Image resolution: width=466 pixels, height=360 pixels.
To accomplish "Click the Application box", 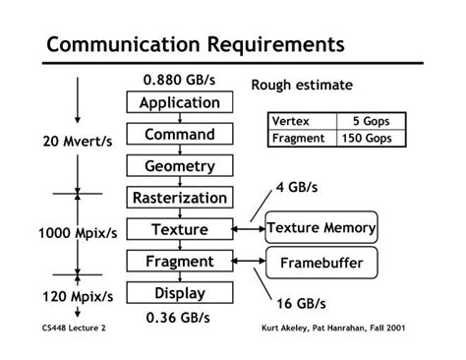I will [x=179, y=103].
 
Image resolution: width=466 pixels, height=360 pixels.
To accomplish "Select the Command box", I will [x=179, y=135].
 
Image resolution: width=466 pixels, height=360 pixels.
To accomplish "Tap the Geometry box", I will [x=179, y=166].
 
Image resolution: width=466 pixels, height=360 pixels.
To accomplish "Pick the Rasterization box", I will [x=179, y=198].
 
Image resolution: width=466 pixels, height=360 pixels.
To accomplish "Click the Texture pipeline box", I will [x=179, y=229].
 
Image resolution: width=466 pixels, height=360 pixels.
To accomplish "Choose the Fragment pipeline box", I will [x=179, y=262].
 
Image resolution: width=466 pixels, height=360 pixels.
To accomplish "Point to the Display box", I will [x=179, y=293].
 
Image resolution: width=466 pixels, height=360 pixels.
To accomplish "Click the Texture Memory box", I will [x=321, y=229].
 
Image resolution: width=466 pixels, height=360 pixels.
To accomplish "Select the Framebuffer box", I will [x=321, y=264].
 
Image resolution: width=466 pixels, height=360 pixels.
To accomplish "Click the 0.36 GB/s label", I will [x=179, y=318].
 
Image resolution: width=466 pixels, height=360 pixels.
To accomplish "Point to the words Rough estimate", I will [x=302, y=85].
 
